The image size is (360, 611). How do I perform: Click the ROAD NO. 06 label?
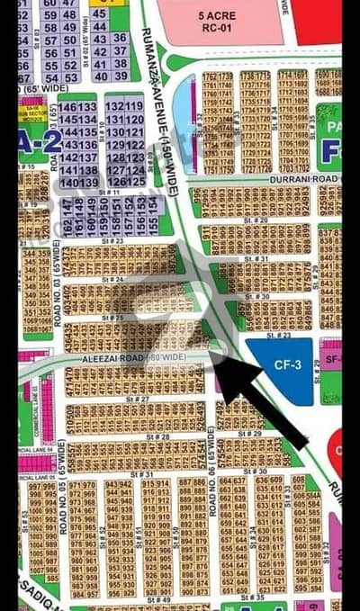tap(213, 486)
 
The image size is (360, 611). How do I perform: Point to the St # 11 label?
tap(110, 193)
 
